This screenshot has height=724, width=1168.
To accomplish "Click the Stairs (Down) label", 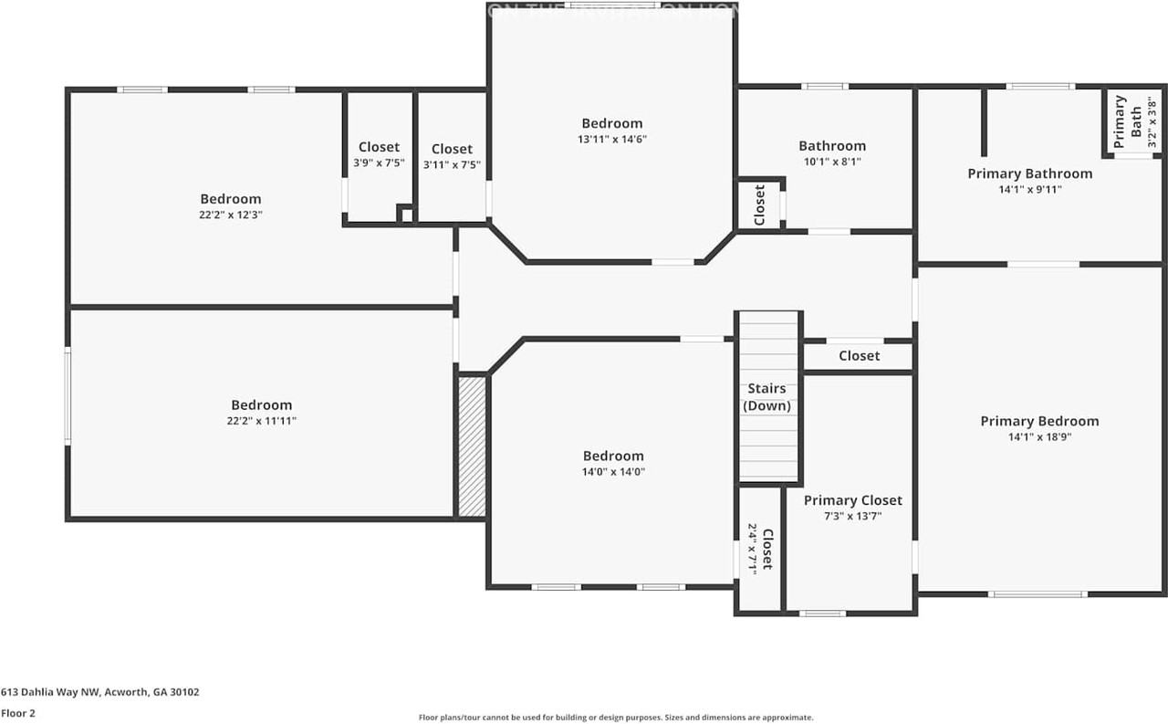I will click(767, 397).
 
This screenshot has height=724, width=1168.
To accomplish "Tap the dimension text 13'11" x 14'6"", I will click(612, 140).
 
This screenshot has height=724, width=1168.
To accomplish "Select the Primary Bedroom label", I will click(1039, 421).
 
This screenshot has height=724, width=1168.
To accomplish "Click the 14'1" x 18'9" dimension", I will click(1039, 437).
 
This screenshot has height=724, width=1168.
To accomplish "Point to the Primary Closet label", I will click(852, 500).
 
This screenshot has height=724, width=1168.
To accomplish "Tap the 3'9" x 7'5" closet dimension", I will click(379, 163).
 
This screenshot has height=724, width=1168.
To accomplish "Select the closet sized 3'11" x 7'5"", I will click(452, 156).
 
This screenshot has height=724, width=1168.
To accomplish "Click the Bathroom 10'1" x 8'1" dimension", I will click(832, 162).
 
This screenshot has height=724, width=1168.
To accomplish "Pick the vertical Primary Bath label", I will click(1128, 121).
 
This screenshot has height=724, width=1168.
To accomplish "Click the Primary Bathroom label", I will click(1029, 173).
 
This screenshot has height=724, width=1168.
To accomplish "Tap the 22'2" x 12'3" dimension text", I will click(231, 215).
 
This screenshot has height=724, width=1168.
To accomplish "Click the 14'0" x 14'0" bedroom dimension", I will click(613, 472).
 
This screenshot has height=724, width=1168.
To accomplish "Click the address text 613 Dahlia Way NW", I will click(99, 692).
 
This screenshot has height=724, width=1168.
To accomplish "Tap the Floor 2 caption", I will click(17, 713).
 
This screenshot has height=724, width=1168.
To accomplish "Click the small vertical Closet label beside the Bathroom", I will click(759, 205).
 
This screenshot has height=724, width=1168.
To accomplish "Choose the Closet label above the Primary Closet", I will click(859, 356).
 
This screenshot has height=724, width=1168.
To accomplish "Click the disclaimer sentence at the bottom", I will click(615, 718).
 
